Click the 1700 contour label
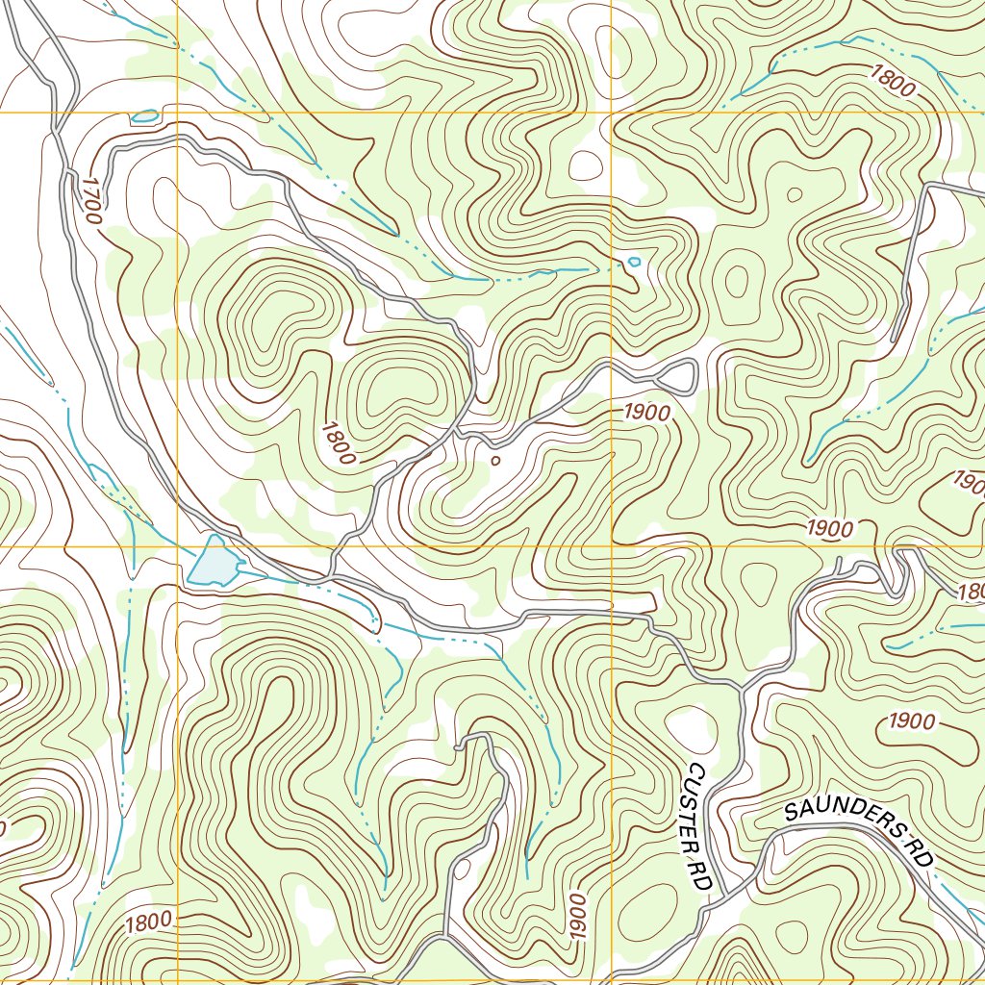91,200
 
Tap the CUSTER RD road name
697,825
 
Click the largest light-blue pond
215,563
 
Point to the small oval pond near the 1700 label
144,116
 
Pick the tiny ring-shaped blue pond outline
633,261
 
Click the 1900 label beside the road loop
645,412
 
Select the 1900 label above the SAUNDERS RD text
912,720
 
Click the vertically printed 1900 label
576,919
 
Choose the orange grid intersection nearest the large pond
178,546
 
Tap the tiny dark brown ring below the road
495,461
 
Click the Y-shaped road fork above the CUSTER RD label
741,686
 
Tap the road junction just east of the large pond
330,577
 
